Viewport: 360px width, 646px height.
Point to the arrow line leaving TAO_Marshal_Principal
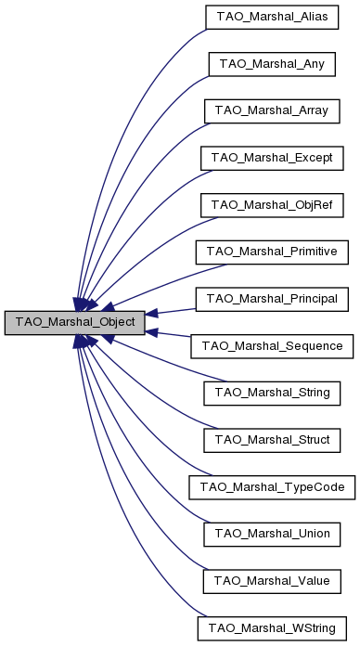tap(172, 312)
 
